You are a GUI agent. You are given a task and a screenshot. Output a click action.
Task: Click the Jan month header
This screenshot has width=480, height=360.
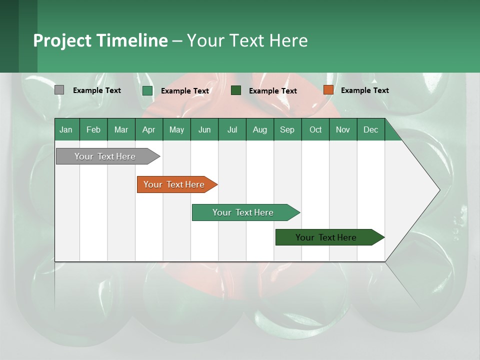click(66, 129)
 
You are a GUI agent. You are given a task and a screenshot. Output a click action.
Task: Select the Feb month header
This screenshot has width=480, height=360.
click(93, 129)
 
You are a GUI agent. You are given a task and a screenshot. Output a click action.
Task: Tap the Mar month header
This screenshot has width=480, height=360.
click(121, 129)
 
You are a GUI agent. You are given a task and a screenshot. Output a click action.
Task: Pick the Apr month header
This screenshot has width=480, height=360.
click(149, 129)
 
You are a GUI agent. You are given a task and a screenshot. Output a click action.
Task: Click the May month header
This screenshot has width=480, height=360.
click(176, 129)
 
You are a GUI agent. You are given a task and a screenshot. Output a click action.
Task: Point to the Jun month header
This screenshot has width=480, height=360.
click(204, 129)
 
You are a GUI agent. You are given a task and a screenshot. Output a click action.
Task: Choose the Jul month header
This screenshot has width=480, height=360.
click(232, 129)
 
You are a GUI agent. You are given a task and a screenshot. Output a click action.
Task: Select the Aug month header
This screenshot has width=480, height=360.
click(260, 129)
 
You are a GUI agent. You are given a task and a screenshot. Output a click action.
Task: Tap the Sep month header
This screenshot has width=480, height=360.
click(287, 129)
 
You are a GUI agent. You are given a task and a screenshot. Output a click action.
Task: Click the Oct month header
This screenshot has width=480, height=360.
click(315, 129)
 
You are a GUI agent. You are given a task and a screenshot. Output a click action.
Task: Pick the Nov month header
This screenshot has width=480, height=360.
click(343, 129)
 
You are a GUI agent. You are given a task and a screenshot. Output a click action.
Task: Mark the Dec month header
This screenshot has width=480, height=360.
click(371, 129)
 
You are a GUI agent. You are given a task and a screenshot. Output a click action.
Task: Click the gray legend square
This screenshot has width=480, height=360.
click(59, 90)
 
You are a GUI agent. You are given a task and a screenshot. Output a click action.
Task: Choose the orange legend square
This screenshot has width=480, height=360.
click(328, 90)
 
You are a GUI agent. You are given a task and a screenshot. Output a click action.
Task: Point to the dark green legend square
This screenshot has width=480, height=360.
click(236, 90)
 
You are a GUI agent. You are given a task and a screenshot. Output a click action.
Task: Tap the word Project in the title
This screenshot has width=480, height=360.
click(62, 40)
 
